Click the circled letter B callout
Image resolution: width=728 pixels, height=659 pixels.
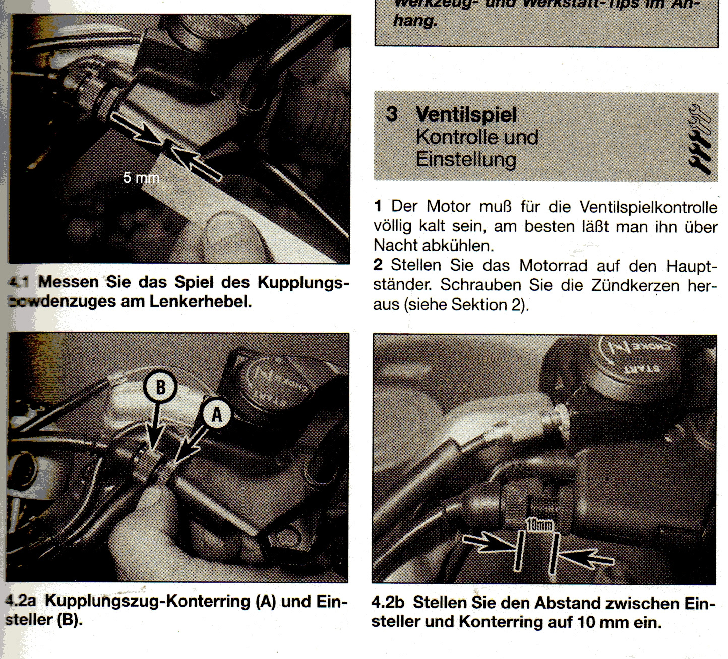[x=160, y=387]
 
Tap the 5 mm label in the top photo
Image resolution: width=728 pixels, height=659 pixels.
[x=141, y=178]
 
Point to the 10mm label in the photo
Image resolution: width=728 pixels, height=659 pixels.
[x=539, y=525]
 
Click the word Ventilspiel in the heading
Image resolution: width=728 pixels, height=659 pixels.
[x=466, y=115]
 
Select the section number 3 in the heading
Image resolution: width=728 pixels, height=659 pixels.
[x=392, y=114]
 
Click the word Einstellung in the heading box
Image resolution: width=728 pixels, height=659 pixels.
[x=466, y=160]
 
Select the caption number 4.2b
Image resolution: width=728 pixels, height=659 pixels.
[x=388, y=603]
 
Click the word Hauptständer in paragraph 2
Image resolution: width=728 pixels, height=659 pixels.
[x=690, y=266]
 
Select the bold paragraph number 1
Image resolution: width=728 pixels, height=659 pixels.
[x=378, y=206]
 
